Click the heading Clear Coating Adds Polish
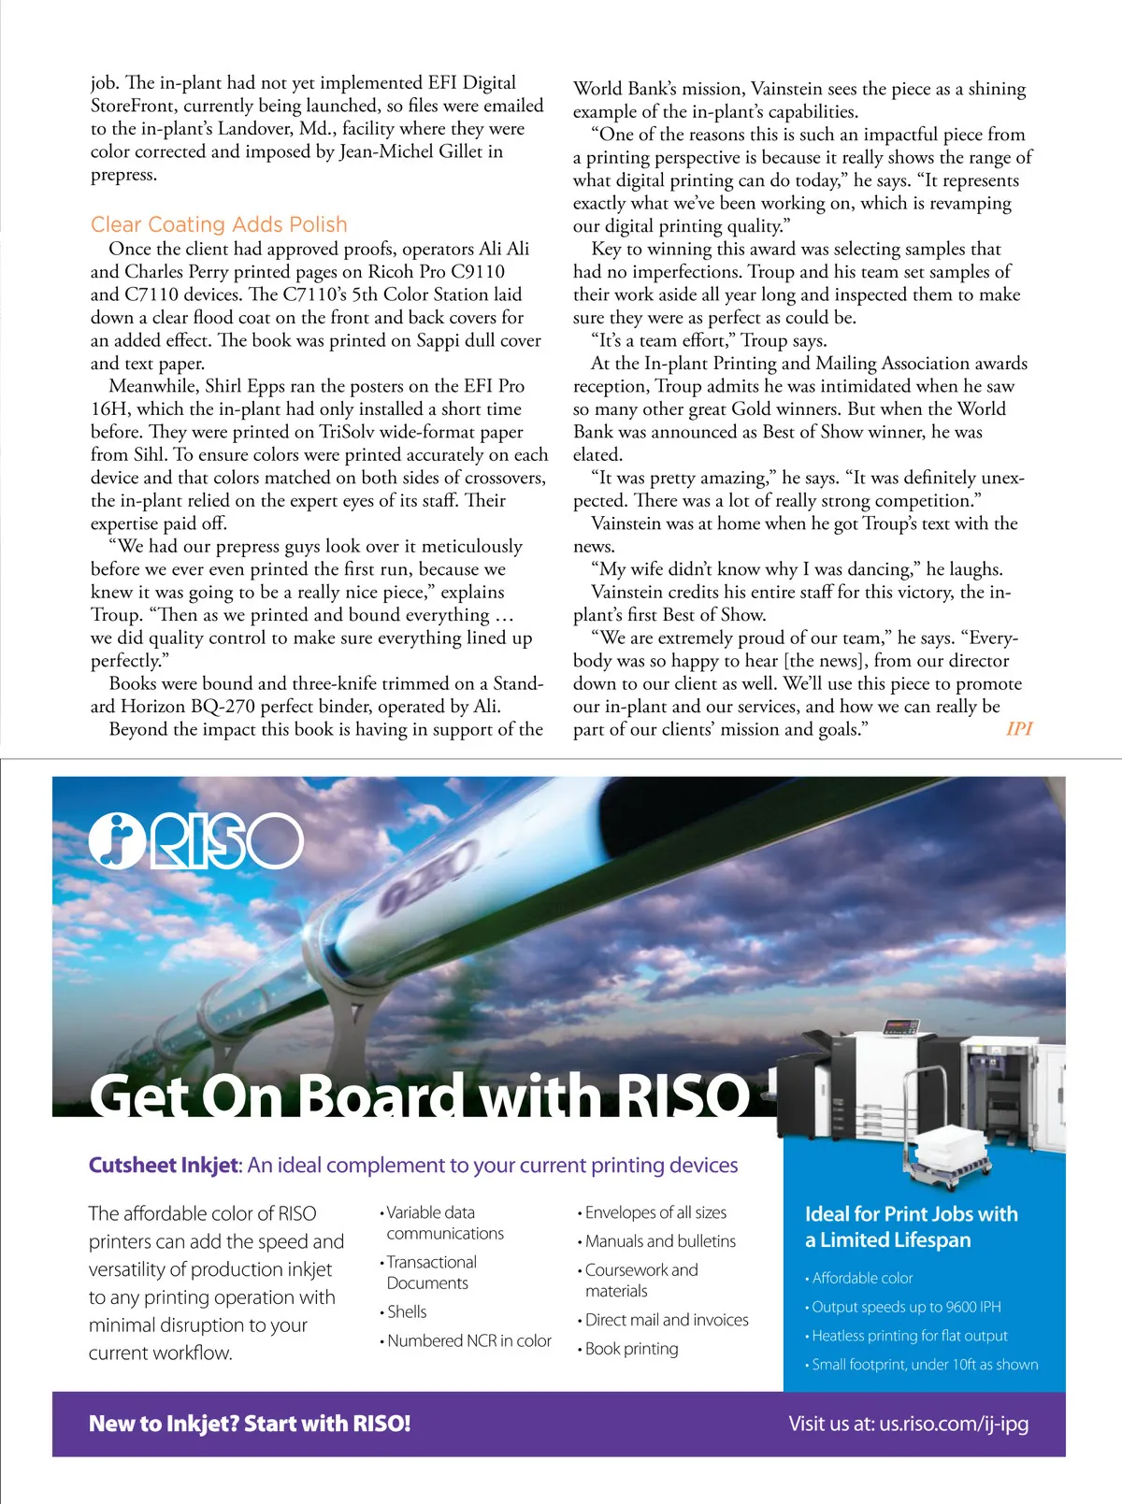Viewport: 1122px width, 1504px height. tap(219, 225)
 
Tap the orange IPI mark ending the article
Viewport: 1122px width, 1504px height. tap(1019, 729)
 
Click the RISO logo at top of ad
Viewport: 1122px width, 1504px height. tap(196, 841)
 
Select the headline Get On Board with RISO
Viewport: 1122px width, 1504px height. tap(421, 1095)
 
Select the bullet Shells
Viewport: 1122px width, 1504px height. tap(407, 1311)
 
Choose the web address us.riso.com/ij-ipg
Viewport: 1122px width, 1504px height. tap(954, 1424)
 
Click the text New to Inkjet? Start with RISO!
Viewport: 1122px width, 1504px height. tap(250, 1424)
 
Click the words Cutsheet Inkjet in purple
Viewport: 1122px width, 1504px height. tap(165, 1166)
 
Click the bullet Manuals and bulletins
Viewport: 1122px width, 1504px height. tap(660, 1241)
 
